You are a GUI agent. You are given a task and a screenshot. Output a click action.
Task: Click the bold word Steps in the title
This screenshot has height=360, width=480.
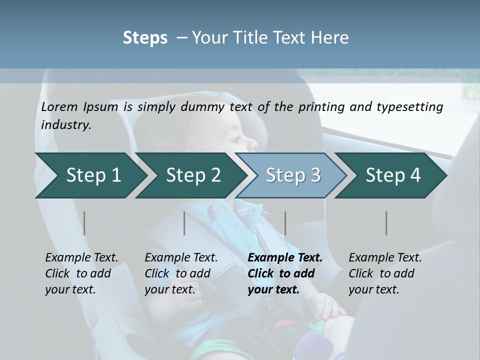(x=145, y=38)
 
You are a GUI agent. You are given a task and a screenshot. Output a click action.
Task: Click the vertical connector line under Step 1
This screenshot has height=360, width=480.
(x=84, y=223)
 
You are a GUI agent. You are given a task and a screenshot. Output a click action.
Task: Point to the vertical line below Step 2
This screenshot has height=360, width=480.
(x=184, y=223)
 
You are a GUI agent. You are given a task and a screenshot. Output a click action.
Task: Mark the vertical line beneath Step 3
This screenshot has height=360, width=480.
(x=285, y=223)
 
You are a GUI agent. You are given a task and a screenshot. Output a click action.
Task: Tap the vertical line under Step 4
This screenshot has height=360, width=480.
(x=386, y=223)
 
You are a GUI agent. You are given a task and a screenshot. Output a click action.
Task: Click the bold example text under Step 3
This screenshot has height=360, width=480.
(x=284, y=273)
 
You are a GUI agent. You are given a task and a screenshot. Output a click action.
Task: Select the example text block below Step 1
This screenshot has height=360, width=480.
(x=81, y=273)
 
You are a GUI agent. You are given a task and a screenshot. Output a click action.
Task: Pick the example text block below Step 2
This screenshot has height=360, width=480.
(x=181, y=273)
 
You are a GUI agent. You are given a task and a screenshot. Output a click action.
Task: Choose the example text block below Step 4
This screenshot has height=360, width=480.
(x=385, y=273)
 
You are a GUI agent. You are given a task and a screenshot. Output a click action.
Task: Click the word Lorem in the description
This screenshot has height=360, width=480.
(x=59, y=106)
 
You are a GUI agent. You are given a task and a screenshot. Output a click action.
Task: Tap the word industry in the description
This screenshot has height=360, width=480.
(x=66, y=124)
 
